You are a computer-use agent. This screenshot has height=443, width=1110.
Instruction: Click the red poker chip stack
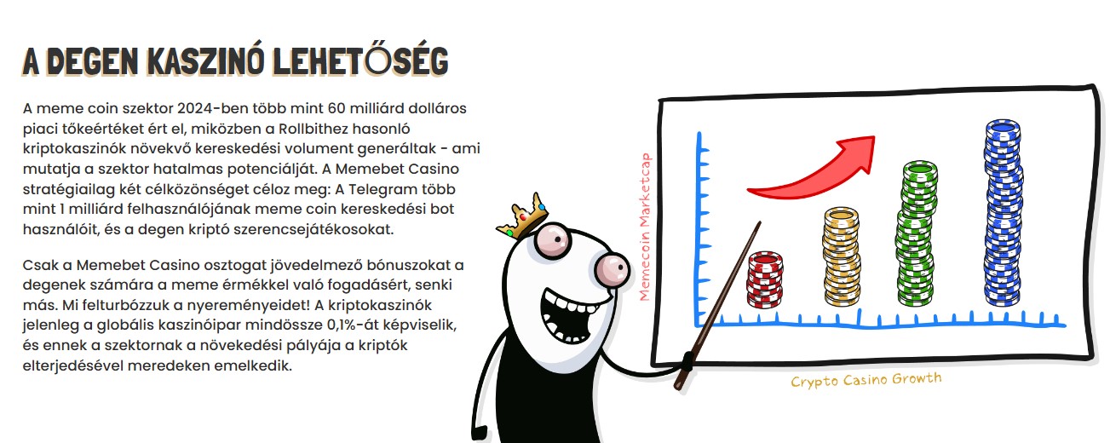pyautogui.click(x=765, y=279)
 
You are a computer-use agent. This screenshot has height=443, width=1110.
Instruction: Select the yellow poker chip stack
pyautogui.click(x=842, y=256)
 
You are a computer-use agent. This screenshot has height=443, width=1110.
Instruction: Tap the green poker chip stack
pyautogui.click(x=917, y=233)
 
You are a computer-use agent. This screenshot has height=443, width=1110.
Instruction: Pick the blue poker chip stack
pyautogui.click(x=1003, y=213)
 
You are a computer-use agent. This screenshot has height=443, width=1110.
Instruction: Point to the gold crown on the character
pyautogui.click(x=523, y=216)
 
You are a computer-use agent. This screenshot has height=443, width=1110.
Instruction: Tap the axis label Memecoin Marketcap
pyautogui.click(x=644, y=227)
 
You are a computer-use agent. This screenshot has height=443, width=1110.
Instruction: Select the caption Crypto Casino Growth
pyautogui.click(x=866, y=380)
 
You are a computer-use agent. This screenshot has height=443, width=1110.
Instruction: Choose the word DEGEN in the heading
pyautogui.click(x=93, y=61)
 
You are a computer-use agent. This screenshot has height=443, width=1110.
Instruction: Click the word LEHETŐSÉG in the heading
pyautogui.click(x=360, y=60)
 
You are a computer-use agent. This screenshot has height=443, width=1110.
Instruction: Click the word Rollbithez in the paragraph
pyautogui.click(x=313, y=129)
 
